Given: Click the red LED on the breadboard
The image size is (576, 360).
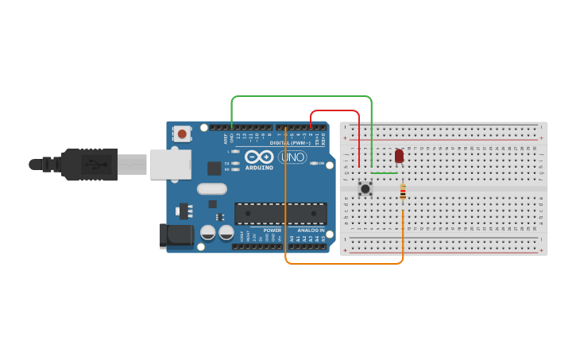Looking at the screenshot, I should tap(399, 156).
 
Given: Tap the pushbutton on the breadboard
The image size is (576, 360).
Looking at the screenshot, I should tap(365, 188).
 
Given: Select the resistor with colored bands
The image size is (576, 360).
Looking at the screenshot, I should tap(403, 192).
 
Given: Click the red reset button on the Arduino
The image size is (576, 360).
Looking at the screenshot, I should tap(183, 134).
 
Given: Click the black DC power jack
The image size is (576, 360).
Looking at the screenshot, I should tap(176, 234).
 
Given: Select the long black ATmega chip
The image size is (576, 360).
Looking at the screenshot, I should tap(280, 214).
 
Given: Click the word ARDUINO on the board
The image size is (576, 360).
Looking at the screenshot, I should tap(259, 168).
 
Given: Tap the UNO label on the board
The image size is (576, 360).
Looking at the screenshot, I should tap(292, 157).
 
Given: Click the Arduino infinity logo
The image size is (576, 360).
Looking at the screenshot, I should tap(259, 157).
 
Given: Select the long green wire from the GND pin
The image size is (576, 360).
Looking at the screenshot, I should tap(302, 96).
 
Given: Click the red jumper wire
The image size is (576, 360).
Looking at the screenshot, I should tap(334, 110).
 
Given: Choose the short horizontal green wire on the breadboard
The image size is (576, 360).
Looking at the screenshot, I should tap(385, 172).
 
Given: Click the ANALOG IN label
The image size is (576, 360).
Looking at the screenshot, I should tap(311, 230).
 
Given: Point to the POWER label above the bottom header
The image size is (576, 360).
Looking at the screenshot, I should tap(272, 230).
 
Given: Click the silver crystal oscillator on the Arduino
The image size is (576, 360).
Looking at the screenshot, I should tap(212, 188).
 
